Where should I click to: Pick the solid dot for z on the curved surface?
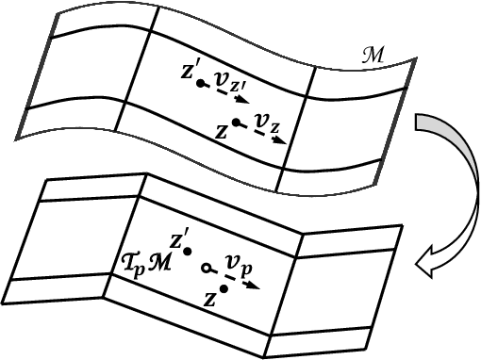tap(235, 122)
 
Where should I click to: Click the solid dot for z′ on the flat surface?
tap(189, 252)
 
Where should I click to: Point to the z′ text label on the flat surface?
tap(180, 236)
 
